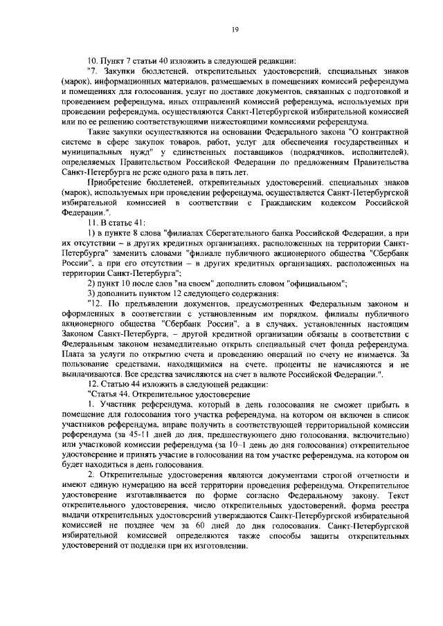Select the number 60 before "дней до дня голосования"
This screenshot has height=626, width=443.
[x=199, y=525]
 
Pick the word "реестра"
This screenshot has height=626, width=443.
[x=394, y=515]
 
